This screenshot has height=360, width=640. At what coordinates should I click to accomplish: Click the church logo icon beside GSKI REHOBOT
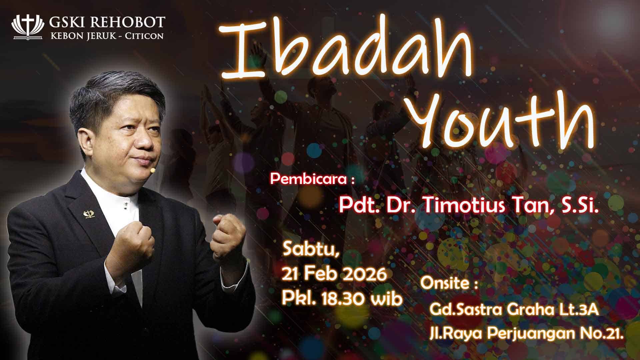pyautogui.click(x=28, y=27)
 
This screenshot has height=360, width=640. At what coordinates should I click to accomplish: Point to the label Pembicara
pyautogui.click(x=308, y=179)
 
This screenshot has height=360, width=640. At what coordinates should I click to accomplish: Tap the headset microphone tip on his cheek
pyautogui.click(x=153, y=170)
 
